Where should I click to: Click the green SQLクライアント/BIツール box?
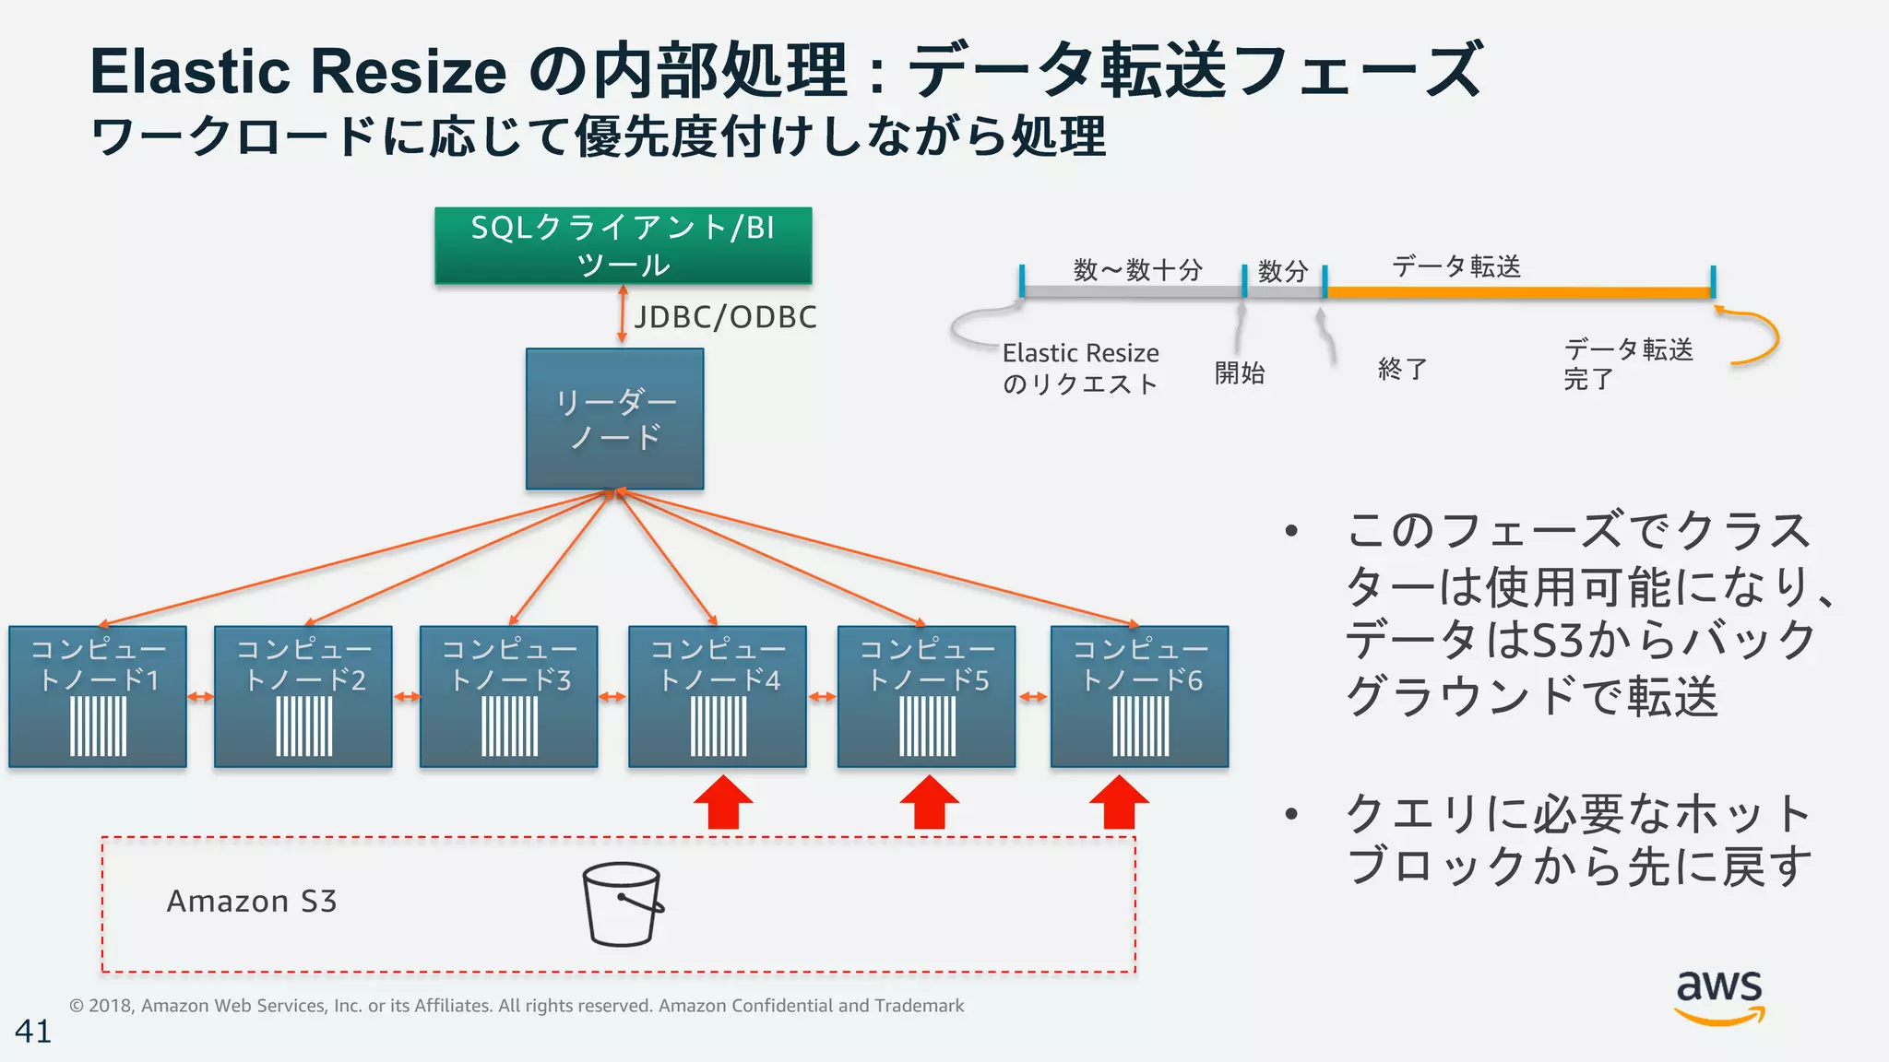point(623,245)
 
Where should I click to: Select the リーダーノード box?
point(614,419)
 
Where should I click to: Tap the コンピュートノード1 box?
point(98,696)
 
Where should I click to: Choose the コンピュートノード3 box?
point(508,696)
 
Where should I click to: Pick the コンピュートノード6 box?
point(1139,696)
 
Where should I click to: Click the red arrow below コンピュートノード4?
point(723,802)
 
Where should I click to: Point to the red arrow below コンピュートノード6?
point(1119,802)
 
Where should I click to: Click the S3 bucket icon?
point(623,904)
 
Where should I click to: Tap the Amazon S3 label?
point(251,901)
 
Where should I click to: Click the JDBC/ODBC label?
point(725,317)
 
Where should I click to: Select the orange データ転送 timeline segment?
point(1517,292)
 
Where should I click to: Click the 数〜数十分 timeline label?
point(1137,270)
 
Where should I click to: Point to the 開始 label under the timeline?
point(1239,372)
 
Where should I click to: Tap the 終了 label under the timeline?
point(1402,369)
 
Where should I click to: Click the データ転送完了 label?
point(1627,363)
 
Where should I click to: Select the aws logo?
point(1719,996)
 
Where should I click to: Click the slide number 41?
point(33,1031)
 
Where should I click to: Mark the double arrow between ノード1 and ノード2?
point(200,697)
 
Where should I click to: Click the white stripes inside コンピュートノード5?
point(927,726)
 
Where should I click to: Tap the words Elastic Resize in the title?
point(298,72)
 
